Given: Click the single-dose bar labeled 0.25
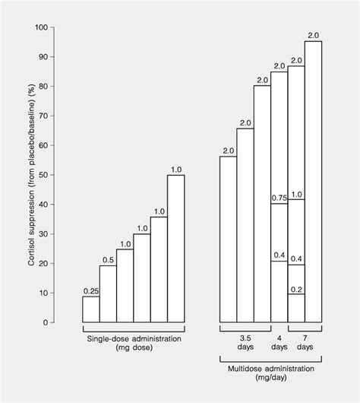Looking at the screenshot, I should pos(91,309).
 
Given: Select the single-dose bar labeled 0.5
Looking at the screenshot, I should pos(108,294).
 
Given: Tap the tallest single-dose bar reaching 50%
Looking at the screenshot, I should pos(175,248).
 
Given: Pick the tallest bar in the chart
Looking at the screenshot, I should pos(313,181).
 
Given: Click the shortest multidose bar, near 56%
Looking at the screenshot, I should pos(228,239).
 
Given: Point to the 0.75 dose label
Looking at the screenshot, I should pos(279,198).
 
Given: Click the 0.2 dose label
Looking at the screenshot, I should pos(296,290).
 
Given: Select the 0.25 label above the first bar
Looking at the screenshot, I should pos(91,290).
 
